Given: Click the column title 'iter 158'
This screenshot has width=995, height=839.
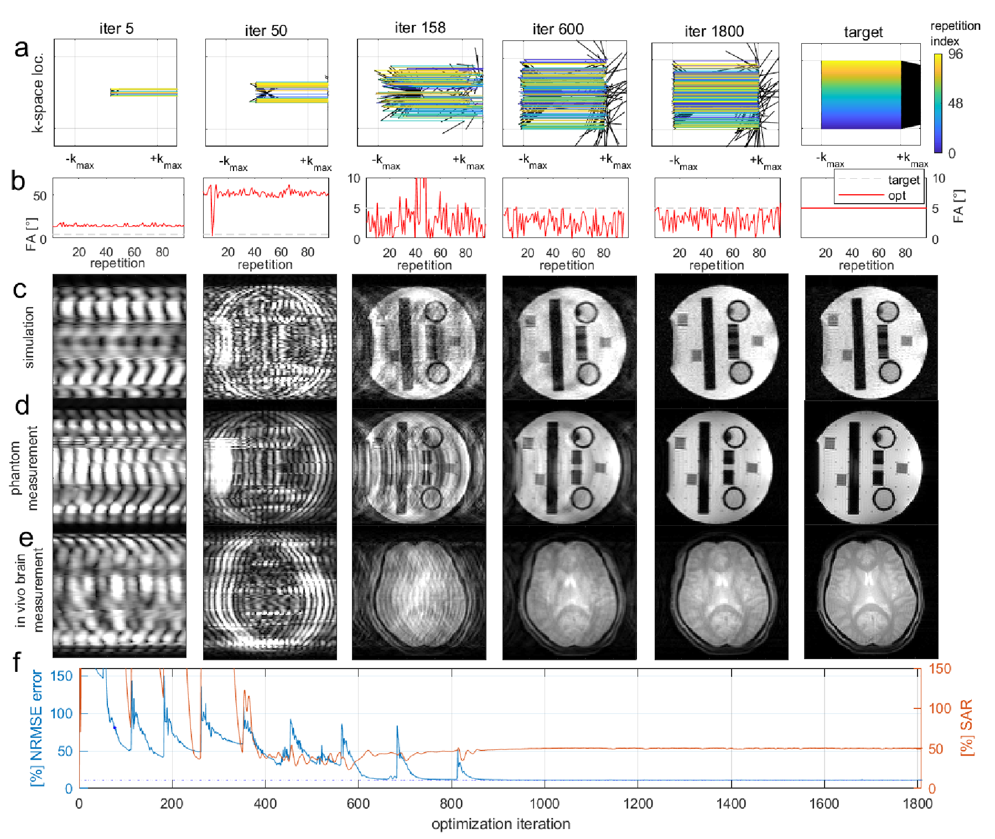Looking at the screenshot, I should coord(420,28).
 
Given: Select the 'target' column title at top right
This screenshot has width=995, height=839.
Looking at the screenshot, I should coord(863,32).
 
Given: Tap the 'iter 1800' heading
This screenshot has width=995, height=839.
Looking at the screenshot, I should coord(714,32).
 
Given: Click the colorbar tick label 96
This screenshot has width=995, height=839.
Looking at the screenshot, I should coord(955,54).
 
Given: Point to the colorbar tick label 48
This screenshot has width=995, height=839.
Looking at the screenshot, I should coord(955,103).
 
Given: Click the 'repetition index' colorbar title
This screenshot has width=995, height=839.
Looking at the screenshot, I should coord(955,33).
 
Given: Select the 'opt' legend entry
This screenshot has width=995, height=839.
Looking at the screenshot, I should coord(896,195).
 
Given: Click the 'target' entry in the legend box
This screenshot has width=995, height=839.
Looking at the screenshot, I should coord(903,180).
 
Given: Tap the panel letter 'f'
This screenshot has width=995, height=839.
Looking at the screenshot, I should coord(17,662).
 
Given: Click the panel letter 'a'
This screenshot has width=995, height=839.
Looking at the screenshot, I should coord(21,48).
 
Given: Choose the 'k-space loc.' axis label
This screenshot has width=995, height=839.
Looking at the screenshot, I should coord(38,92).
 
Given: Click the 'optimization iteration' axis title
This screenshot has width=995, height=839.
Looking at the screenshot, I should coord(500,824).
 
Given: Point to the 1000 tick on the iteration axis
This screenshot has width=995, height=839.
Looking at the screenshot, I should coord(545,804).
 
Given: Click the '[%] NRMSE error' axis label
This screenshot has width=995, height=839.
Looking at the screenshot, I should coord(37,727).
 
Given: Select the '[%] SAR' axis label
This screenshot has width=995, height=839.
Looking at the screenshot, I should coord(966,727).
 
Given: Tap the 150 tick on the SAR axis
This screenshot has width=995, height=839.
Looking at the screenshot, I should coord(940,669).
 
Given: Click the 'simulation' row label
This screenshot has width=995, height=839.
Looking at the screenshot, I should coord(29,338).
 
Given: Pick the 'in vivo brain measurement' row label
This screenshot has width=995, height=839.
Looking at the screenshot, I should coord(29,590).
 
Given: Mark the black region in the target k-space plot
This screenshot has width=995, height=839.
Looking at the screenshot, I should coord(910,95).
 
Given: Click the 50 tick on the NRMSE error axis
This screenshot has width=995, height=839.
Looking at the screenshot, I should coord(65,751).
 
